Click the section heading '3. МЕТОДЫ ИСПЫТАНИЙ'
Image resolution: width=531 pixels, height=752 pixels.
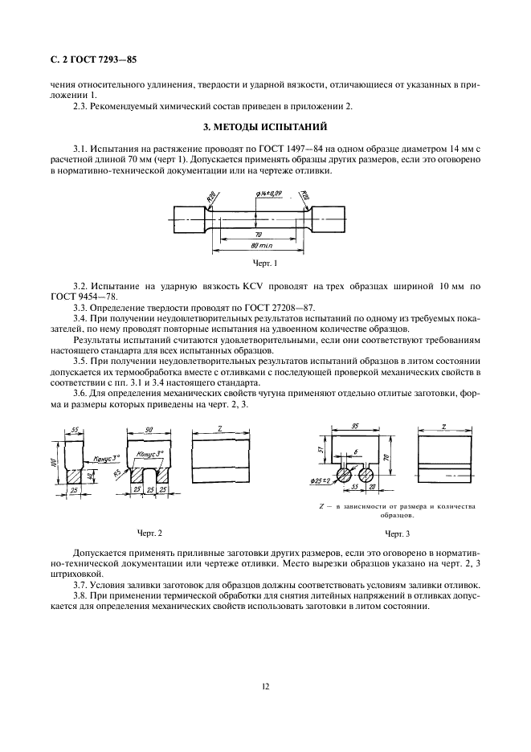(x=264, y=127)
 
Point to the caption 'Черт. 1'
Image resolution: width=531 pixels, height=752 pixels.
(x=264, y=263)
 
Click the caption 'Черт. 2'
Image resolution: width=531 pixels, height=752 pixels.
(x=149, y=533)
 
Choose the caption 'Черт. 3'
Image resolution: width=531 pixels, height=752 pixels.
(x=396, y=533)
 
